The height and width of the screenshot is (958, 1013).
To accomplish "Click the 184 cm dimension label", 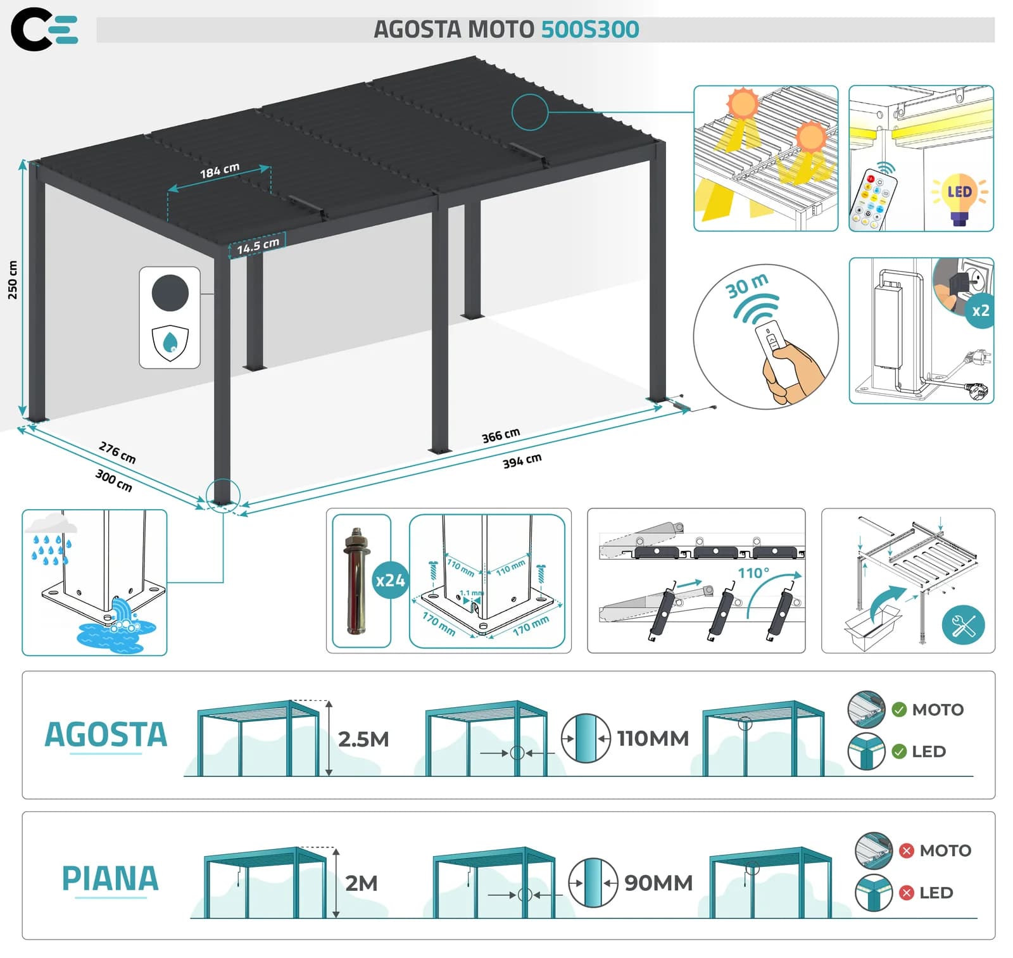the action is (220, 170).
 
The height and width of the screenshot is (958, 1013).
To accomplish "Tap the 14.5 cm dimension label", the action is (258, 245).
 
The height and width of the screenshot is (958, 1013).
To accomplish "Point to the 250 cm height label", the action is (13, 279).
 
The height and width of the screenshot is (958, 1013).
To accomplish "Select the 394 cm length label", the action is (522, 460).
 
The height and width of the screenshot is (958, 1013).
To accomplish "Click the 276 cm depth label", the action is (118, 452).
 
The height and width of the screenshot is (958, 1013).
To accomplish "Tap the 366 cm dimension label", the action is (501, 435).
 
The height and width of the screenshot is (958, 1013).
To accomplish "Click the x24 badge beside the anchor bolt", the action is (390, 580).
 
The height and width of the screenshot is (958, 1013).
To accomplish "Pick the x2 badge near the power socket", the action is (980, 311).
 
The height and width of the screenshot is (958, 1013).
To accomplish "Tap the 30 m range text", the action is (747, 286).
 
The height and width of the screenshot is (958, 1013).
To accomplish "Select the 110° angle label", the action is (754, 573).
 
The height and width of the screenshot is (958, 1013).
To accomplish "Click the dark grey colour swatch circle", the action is (170, 293).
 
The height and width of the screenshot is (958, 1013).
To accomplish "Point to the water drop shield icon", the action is (170, 343).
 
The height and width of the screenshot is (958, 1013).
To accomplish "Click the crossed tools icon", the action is (964, 626).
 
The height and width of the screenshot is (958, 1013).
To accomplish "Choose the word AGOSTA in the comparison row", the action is (106, 734).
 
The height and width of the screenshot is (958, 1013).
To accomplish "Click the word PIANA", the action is (110, 878).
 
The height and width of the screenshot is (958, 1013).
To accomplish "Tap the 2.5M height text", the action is (363, 739).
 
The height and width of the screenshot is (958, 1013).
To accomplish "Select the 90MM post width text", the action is (658, 883).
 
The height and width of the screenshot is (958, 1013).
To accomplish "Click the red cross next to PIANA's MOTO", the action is (907, 850).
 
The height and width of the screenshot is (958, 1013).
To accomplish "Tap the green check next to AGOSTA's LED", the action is (899, 752).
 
